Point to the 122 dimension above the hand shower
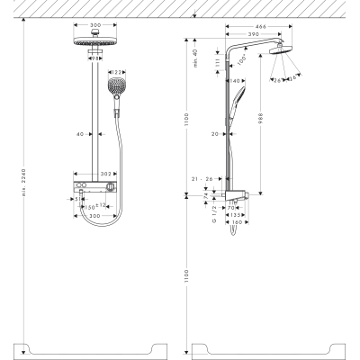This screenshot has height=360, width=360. [x=116, y=72]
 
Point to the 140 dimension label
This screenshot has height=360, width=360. [x=236, y=81]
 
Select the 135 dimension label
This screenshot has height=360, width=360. [x=237, y=216]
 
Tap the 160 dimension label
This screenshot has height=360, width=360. [x=238, y=224]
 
